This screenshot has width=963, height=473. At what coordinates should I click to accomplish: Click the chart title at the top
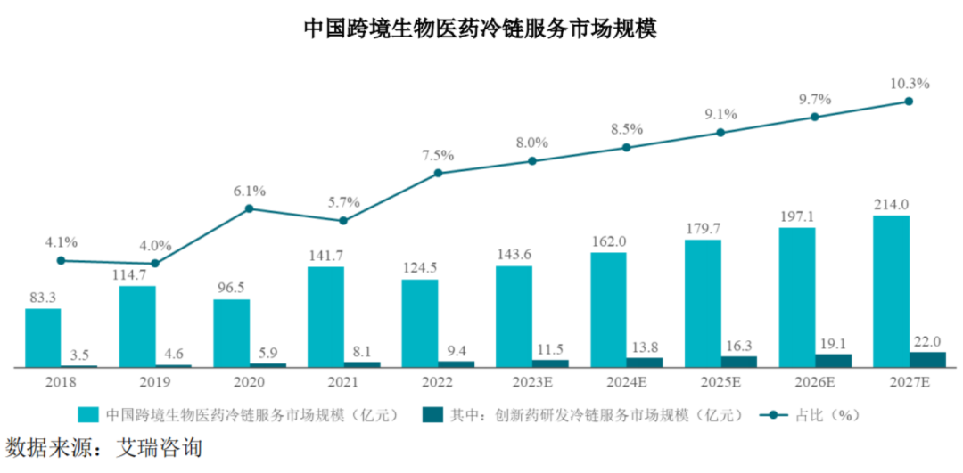point(481,29)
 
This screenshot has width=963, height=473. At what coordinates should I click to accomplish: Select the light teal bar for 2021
point(325,316)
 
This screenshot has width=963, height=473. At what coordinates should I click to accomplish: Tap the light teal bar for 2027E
point(891,290)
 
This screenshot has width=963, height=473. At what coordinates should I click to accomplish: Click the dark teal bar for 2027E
point(927,359)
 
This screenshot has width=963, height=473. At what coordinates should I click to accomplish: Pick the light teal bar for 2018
point(43,337)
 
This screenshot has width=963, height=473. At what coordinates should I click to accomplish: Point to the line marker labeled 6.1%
point(249,208)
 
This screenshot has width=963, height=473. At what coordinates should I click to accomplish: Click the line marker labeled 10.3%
point(909,102)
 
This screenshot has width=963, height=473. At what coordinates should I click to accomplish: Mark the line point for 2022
point(438,173)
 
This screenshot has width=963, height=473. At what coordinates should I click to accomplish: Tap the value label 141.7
point(325,256)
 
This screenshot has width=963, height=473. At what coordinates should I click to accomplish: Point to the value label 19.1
point(832,341)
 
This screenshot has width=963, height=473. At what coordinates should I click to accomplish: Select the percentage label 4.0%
point(155,246)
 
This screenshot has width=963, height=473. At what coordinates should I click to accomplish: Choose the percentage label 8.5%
point(627,129)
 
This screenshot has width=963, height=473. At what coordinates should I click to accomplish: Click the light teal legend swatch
point(87,415)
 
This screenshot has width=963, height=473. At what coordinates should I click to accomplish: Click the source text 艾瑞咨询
point(160,446)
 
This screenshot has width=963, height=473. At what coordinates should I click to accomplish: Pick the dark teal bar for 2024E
point(645,362)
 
